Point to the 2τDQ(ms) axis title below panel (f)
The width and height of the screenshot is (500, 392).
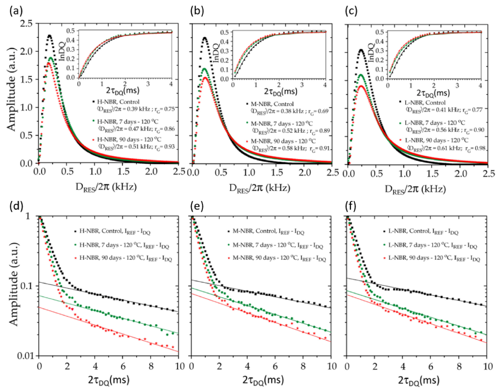click(x=416, y=379)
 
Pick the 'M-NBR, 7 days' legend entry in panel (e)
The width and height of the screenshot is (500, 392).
click(x=274, y=245)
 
